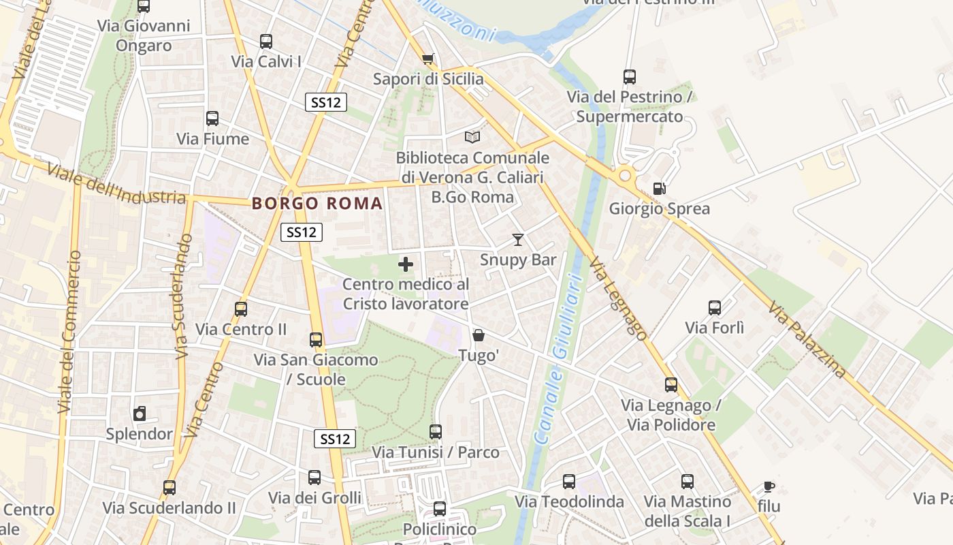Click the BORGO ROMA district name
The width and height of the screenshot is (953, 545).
[x=317, y=203]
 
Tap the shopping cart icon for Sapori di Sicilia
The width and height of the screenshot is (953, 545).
[x=427, y=59]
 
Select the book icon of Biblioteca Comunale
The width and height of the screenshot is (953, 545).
[x=472, y=137]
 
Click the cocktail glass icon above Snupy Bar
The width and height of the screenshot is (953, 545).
[x=518, y=239]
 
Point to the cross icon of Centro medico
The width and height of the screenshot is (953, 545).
[x=406, y=264]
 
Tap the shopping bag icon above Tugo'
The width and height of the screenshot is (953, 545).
[x=479, y=335]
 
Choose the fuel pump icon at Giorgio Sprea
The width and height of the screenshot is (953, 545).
[x=659, y=188]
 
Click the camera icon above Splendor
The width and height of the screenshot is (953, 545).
[x=140, y=414]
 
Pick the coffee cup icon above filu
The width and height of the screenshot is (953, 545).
[x=769, y=486]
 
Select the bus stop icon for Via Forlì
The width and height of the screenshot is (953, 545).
[x=715, y=307]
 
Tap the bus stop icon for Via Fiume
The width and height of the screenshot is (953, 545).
[x=212, y=119]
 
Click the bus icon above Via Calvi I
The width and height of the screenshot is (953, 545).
[x=266, y=42]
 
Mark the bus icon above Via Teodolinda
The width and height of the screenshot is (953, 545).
[x=569, y=482]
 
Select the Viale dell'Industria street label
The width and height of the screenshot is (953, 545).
[x=117, y=185]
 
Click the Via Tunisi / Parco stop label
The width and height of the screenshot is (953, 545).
[x=436, y=452]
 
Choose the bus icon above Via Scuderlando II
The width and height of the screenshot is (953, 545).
[x=169, y=488]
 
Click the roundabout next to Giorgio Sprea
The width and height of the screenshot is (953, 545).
[x=625, y=176]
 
